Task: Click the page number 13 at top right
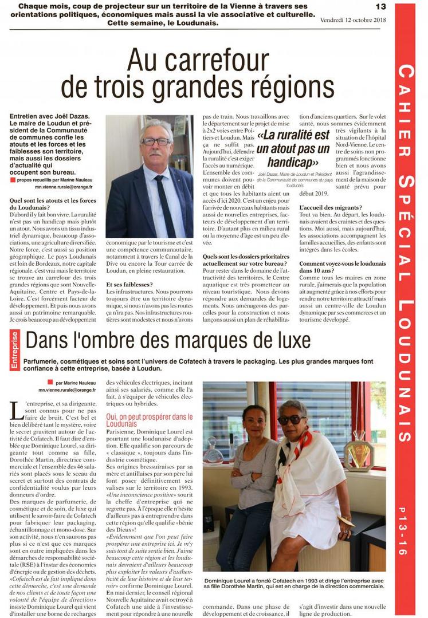coord(380,6)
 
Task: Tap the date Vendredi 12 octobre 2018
coord(354,21)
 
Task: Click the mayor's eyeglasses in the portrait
coord(155,141)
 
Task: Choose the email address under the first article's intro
coord(64,187)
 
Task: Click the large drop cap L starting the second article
coord(17,411)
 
